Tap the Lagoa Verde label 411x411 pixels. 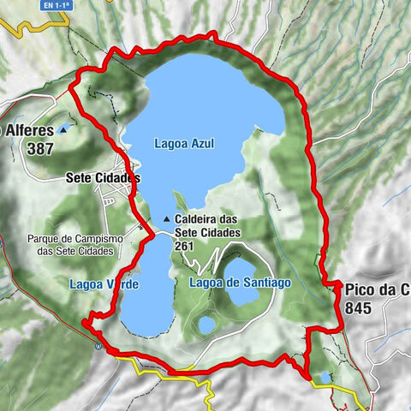(104, 283)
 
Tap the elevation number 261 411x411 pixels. (185, 246)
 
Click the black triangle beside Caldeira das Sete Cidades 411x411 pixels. (167, 218)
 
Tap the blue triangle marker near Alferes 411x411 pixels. (63, 130)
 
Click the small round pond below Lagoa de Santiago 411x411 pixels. (205, 325)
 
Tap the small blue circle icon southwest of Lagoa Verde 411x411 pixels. (100, 347)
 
